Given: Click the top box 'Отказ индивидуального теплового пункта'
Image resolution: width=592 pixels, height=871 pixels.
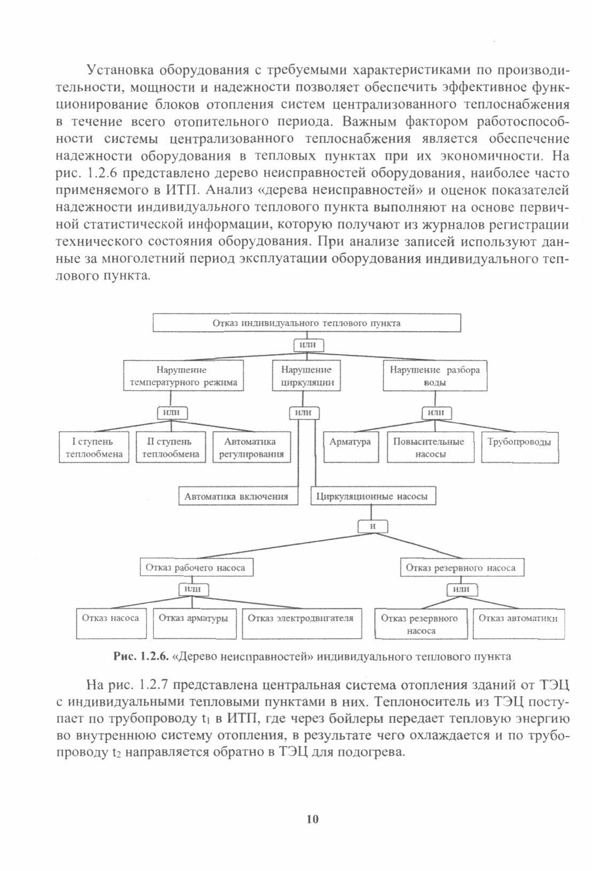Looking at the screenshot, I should tap(306, 323).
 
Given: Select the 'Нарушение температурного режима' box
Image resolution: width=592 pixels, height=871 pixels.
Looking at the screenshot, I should tap(183, 376).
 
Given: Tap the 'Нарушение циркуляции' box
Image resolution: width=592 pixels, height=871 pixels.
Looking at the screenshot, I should tap(306, 376).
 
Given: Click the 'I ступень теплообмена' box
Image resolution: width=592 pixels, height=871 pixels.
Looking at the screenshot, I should tap(94, 448).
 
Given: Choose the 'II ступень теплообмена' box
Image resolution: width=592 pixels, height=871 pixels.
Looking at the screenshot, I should tap(171, 448).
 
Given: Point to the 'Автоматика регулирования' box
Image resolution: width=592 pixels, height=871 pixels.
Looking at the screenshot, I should tap(250, 448).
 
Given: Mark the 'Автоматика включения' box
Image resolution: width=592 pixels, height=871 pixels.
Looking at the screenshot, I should tap(237, 496).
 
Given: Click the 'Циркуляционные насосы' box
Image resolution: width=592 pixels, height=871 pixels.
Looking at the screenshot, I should tap(372, 496).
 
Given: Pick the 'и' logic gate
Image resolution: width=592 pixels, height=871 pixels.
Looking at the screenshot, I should tap(373, 526).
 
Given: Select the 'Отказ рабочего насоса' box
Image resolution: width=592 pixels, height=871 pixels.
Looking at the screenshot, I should tap(196, 568).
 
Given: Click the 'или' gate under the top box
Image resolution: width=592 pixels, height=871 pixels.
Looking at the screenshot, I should tap(309, 345).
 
